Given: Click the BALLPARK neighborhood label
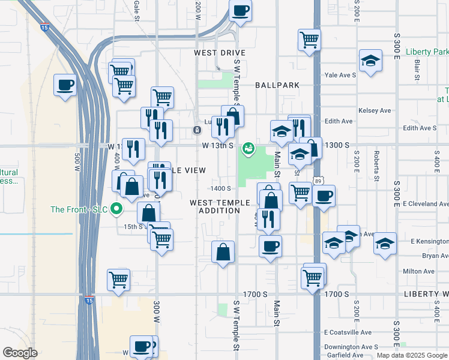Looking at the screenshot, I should pos(277,85).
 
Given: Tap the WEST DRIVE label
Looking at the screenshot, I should pos(220,53).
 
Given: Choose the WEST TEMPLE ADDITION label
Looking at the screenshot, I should pos(215,207).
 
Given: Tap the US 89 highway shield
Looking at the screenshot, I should pos(317,180).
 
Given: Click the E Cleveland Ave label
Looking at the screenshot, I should pos(425,203).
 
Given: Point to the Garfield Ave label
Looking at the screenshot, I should pos(343,355).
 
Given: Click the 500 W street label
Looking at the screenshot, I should pos(77,162).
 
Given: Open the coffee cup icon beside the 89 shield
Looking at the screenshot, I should pos(324,196).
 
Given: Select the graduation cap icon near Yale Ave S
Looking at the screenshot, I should pos(371,61).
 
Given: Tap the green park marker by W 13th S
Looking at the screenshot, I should pos(247,148).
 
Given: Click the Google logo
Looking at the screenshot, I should pos(20,353).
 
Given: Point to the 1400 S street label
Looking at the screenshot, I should pos(221,189).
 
